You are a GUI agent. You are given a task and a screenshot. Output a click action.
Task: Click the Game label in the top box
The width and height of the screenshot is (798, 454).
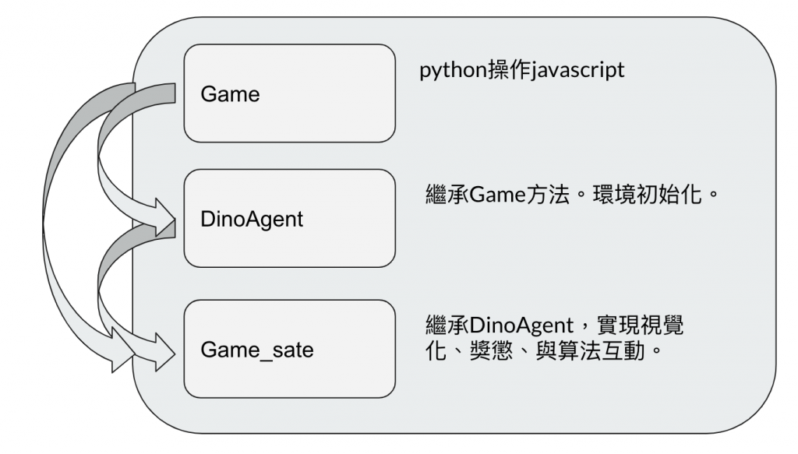[230, 94]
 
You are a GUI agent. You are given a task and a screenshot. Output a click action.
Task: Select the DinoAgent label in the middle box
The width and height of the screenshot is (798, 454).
[252, 220]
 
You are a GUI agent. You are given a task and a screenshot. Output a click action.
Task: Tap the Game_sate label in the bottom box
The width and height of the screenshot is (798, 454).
[256, 350]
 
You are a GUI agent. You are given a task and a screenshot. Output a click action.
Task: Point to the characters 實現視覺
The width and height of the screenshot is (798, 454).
[650, 321]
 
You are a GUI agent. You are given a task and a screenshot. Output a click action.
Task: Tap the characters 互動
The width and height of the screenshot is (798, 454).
[627, 343]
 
